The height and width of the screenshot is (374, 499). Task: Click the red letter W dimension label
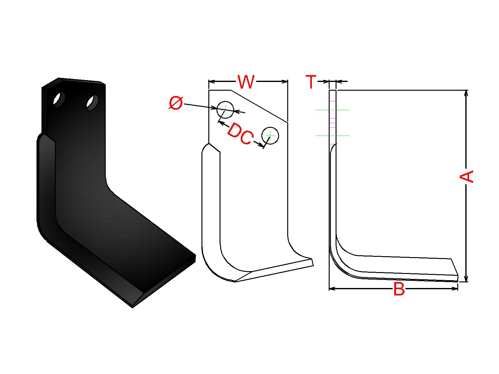(246, 82)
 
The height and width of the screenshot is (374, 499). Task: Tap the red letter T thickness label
(311, 82)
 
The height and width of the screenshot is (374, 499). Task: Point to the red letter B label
(399, 289)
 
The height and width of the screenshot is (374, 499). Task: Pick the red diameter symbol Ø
(176, 103)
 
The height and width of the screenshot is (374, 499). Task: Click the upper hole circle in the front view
(225, 110)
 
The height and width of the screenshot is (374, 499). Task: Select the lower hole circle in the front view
(270, 136)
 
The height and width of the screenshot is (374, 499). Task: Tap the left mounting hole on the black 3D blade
(59, 99)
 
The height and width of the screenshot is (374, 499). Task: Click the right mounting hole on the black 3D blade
(92, 103)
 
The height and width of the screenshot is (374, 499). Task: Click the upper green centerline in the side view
(332, 110)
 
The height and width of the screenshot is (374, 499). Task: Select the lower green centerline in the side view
(332, 136)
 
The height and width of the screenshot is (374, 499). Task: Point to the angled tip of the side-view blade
(455, 267)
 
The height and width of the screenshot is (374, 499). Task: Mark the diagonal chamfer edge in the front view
(259, 106)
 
